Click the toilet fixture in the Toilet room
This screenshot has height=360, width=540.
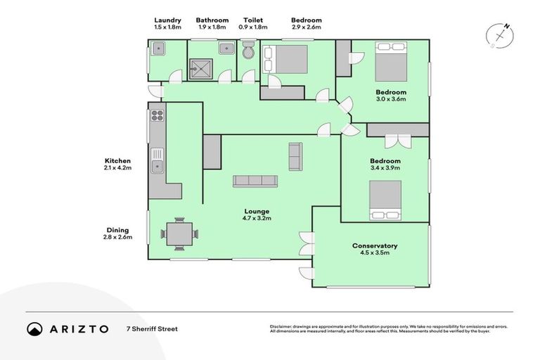(247, 52)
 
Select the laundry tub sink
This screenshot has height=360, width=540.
(158, 49)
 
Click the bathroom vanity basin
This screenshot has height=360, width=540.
(227, 49)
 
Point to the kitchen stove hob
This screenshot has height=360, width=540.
(156, 116)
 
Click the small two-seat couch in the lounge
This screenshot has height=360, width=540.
(295, 157)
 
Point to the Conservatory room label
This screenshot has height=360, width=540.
(375, 246)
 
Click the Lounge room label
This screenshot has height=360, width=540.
(257, 212)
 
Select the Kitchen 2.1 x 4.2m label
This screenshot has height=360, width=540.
(118, 165)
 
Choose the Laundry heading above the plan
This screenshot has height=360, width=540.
(167, 20)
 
